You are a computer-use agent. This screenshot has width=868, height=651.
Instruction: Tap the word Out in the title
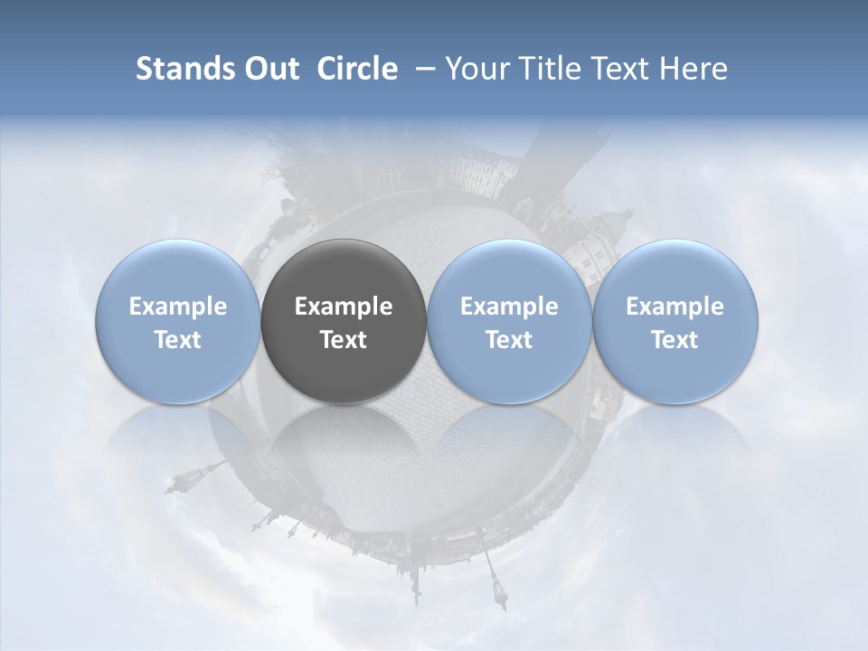pos(269,69)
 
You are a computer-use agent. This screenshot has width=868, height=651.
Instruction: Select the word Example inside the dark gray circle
pos(344,307)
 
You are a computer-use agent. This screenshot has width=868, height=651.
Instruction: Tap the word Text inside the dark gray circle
pos(344,340)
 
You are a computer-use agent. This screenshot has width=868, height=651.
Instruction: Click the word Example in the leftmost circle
pos(178,307)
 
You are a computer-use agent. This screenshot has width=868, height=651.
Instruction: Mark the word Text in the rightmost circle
pos(675,340)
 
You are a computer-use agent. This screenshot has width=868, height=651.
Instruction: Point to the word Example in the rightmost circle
pos(675,307)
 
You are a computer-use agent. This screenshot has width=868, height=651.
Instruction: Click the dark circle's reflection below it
pos(344,443)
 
